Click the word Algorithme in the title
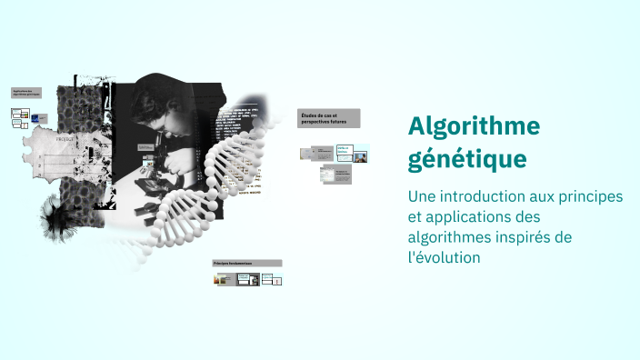(x=474, y=125)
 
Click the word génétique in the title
(x=467, y=158)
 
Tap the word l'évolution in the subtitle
(x=444, y=257)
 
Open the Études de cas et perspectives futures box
(x=328, y=118)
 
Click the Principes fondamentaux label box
(x=246, y=263)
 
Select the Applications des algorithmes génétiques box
(x=26, y=93)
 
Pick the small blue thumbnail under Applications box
(x=35, y=119)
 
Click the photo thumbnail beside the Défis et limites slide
(x=360, y=156)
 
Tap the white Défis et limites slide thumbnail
(x=343, y=153)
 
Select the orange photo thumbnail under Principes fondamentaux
(x=221, y=279)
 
